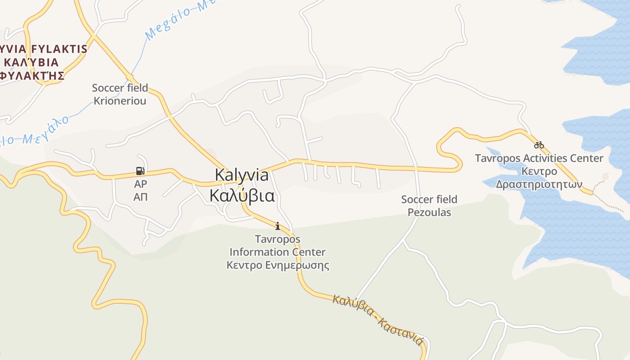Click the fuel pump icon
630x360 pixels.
(140, 171)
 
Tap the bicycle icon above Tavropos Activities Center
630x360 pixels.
(539, 145)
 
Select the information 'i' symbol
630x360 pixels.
(278, 226)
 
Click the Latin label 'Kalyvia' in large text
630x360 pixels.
(242, 175)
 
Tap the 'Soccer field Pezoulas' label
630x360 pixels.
(429, 206)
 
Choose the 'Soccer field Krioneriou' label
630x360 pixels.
(120, 94)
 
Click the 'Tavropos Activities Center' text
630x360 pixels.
(539, 158)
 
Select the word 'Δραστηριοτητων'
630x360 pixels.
(539, 184)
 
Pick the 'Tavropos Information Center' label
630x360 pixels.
(278, 245)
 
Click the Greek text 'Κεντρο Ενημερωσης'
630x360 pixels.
(278, 265)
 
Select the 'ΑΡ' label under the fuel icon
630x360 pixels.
(140, 184)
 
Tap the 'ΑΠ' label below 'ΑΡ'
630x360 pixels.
(140, 197)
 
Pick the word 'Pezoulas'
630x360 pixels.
(429, 212)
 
